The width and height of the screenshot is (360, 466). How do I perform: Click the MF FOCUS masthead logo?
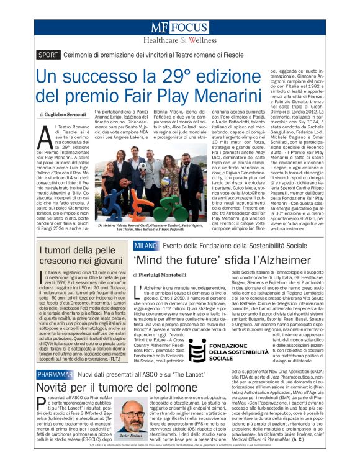tap(179, 28)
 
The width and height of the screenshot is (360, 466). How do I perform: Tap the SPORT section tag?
tap(48, 55)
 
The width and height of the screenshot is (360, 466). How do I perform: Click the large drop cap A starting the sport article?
tap(44, 134)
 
